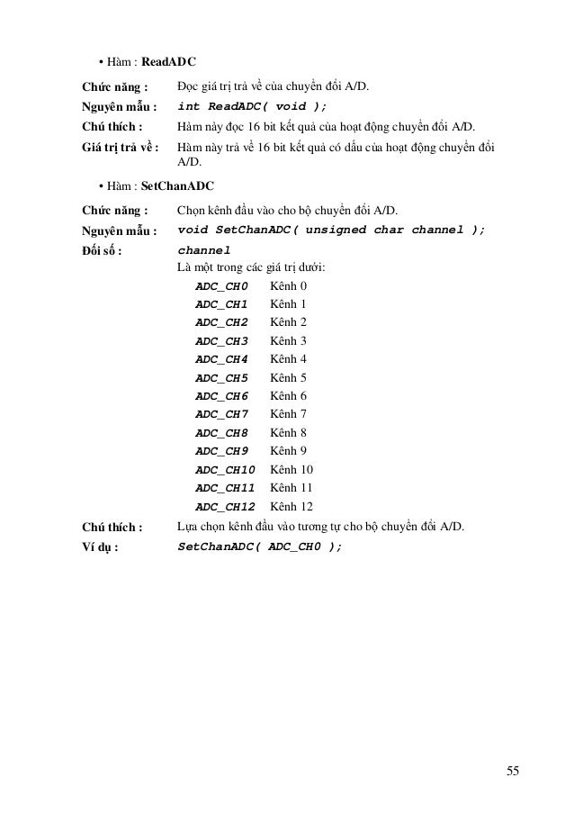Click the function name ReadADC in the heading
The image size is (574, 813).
[x=169, y=63]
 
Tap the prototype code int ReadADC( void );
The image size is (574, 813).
[x=252, y=106]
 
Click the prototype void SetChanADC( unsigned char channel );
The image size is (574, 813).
[x=331, y=230]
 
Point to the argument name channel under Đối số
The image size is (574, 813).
[x=204, y=249]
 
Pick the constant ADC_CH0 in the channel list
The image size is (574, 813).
[x=220, y=285]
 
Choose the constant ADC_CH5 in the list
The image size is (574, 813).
[x=220, y=377]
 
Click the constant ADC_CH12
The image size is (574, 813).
[x=225, y=506]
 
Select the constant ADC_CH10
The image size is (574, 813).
[x=225, y=469]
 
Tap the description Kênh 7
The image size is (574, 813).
[x=288, y=414]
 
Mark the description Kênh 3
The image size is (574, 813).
[x=288, y=340]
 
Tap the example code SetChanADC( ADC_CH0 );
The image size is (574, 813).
[x=259, y=547]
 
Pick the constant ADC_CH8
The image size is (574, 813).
[x=220, y=432]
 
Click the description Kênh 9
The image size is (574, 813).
[x=288, y=450]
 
